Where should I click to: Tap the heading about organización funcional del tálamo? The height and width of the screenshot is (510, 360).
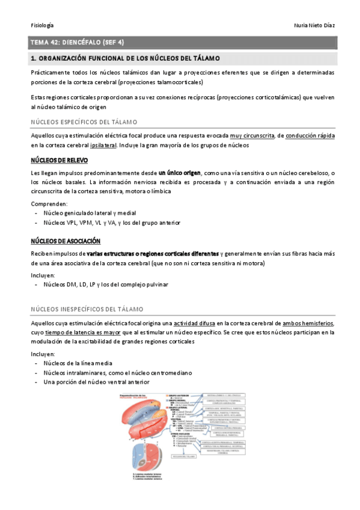tap(125, 58)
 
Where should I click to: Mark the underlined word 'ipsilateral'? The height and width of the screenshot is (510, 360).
tap(171, 146)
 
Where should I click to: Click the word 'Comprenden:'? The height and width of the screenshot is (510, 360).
tap(49, 204)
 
